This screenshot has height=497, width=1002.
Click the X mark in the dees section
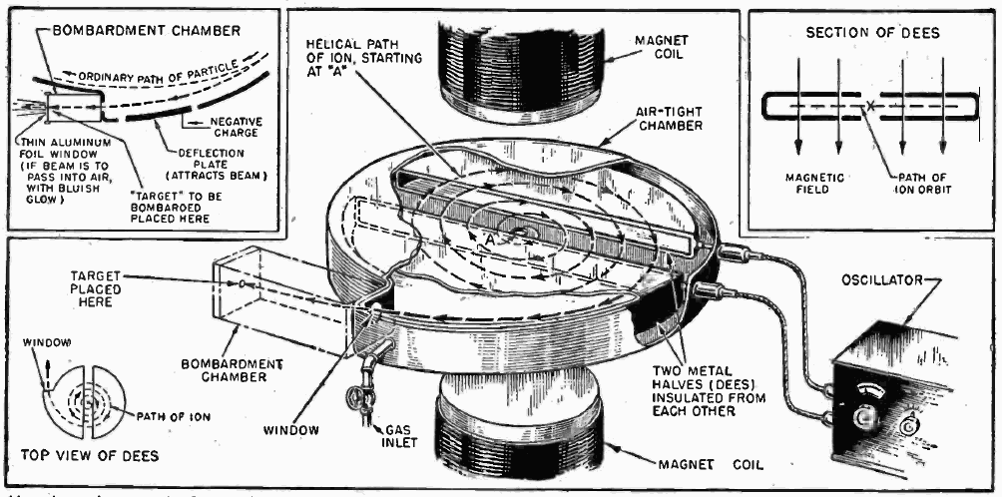870,105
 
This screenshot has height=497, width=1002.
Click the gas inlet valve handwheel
357,404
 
